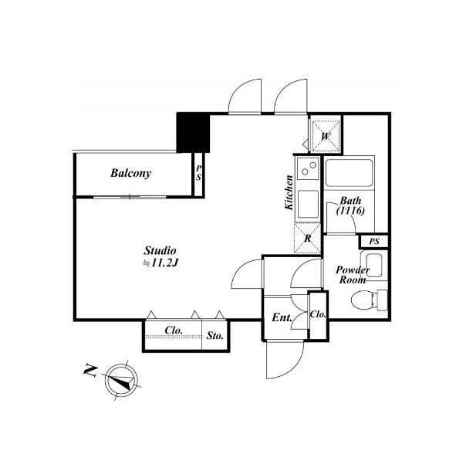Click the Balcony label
pos(130,173)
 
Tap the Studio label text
pos(160,250)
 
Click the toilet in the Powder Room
pos(370,300)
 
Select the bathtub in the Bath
pos(349,173)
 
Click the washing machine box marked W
pos(326,137)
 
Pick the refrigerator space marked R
pos(307,239)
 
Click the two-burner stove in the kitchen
pos(308,168)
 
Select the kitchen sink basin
pos(308,205)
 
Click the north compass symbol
pos(121,381)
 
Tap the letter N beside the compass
pos(90,371)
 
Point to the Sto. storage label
pos(214,335)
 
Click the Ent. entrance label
pos(282,317)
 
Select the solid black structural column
pos(193,133)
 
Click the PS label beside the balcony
pos(199,173)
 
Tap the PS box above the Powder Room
pos(373,242)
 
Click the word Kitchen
pos(289,192)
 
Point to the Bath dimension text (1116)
pos(350,211)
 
